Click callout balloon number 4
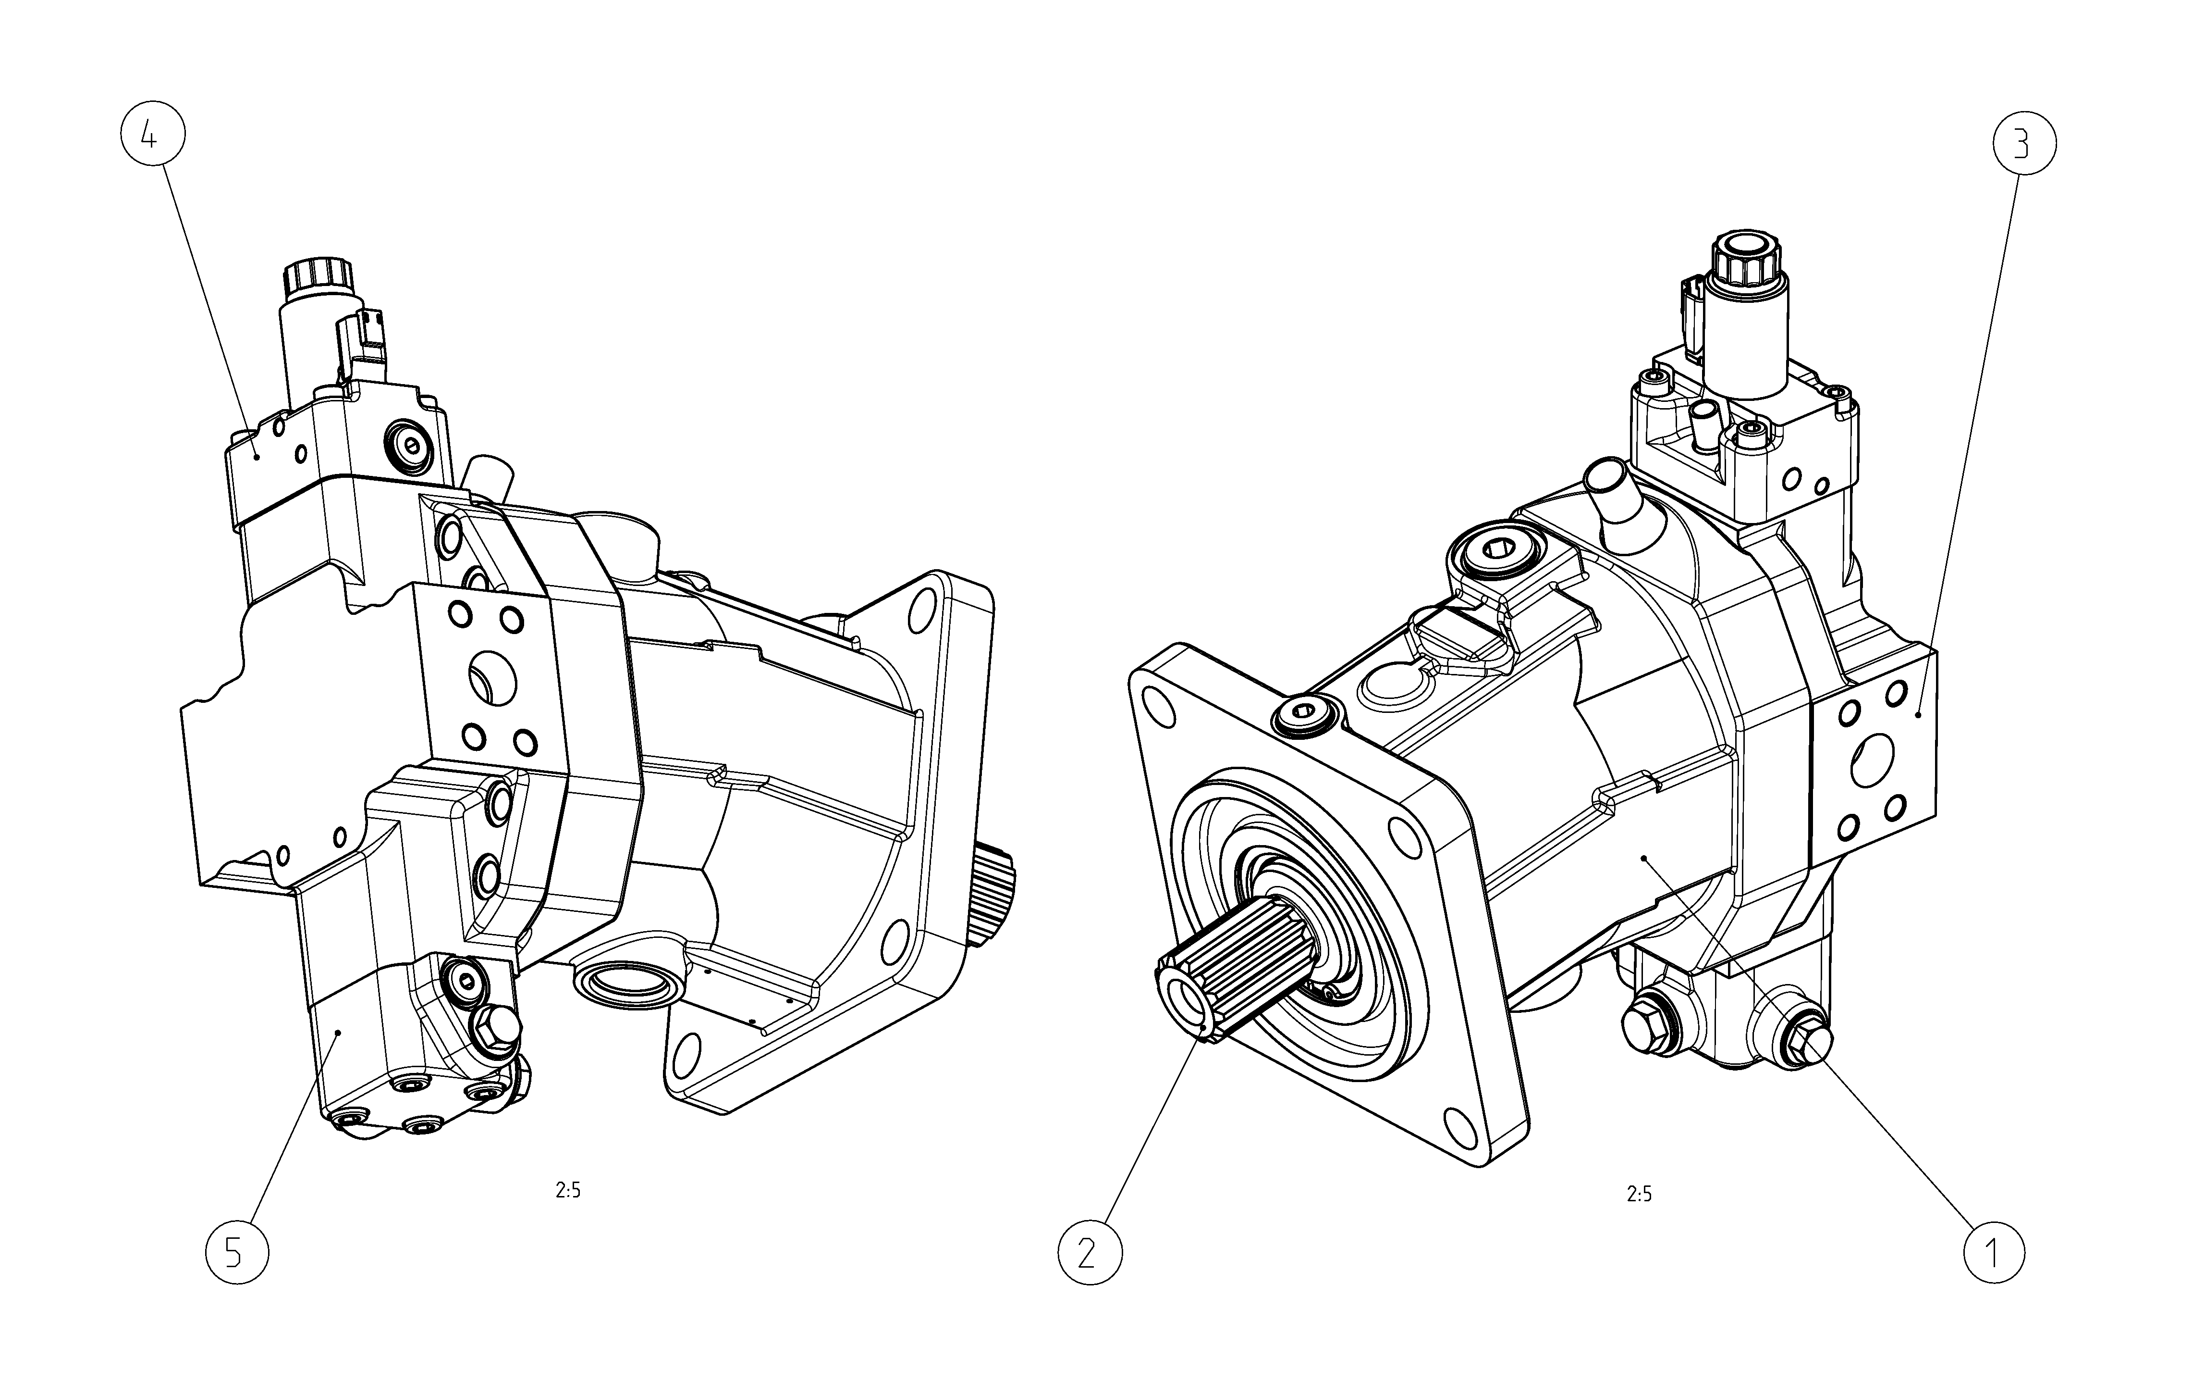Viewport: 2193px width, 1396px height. [153, 135]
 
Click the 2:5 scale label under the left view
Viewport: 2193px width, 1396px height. [567, 1190]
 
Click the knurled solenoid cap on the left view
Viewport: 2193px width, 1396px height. [317, 277]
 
